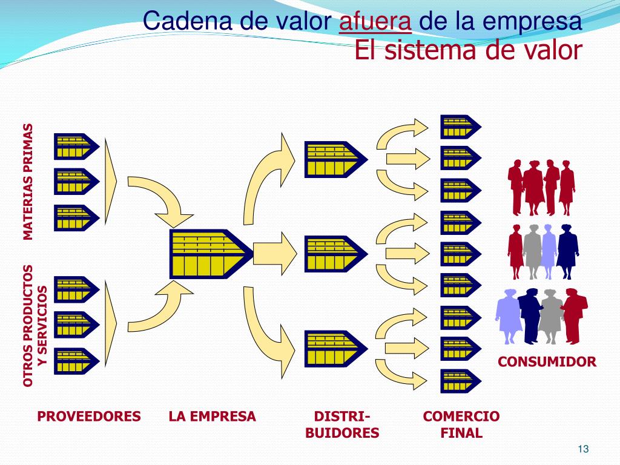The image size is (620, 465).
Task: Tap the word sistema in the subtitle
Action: (424, 50)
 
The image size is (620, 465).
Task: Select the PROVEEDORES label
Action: (89, 417)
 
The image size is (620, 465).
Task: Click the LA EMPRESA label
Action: (213, 417)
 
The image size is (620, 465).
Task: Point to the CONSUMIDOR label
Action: (547, 362)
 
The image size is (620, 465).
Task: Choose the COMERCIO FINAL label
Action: (461, 424)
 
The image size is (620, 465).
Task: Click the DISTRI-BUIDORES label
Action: (342, 424)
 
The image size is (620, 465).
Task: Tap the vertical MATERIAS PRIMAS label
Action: (28, 182)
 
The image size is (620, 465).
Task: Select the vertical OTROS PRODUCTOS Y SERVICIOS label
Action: (35, 326)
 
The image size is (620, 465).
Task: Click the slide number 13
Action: (583, 449)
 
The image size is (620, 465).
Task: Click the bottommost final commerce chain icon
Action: (459, 381)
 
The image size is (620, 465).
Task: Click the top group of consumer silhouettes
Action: (541, 186)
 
